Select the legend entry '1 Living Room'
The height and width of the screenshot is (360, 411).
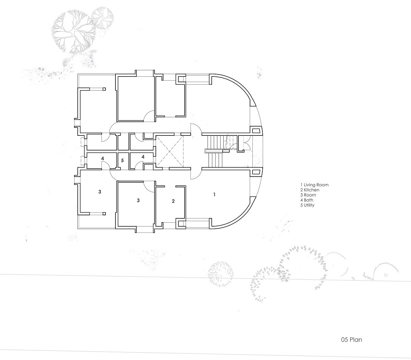pos(314,184)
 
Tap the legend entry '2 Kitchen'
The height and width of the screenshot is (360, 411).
pos(310,190)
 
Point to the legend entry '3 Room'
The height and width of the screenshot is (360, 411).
pos(308,195)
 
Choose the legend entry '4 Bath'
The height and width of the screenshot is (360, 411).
pos(307,200)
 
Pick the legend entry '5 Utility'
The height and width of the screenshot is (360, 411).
pos(307,205)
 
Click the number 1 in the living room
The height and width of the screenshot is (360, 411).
pos(214,194)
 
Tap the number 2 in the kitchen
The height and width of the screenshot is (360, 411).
pos(173,201)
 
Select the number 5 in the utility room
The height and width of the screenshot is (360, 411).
pos(122,160)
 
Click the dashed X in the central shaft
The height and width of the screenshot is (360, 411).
pos(170,151)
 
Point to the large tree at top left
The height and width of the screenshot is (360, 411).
pos(74,33)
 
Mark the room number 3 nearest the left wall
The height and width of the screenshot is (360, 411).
pos(100,192)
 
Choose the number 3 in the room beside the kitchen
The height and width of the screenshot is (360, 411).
pos(138,200)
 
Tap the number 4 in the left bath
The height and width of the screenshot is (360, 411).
pos(102,159)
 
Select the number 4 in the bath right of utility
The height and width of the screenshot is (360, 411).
pos(143,157)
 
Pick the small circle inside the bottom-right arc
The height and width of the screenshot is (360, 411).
pos(385,275)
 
